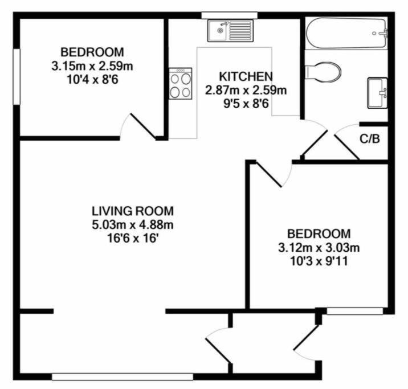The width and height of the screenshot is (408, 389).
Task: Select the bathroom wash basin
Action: click(378, 93)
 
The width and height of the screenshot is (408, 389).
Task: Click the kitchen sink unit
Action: click(230, 31)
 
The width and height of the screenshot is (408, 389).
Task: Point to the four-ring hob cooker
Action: click(180, 84)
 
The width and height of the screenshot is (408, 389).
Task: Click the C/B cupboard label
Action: click(370, 139)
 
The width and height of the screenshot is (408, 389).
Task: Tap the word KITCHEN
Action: click(246, 76)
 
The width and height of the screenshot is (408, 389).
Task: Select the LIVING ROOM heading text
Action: click(133, 211)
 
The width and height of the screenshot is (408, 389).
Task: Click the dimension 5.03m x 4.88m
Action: click(133, 224)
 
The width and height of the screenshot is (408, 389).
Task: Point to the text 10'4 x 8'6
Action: click(93, 80)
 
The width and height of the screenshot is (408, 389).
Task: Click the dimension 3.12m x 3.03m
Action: click(319, 248)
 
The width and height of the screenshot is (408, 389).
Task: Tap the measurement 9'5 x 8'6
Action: click(246, 104)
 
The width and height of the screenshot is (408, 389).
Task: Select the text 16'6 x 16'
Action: click(133, 239)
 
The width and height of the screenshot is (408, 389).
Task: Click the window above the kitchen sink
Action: click(230, 15)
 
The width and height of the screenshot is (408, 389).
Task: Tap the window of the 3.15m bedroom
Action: click(17, 77)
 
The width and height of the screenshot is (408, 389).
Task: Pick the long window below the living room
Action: click(123, 377)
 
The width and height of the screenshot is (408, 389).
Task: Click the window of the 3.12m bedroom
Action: click(355, 311)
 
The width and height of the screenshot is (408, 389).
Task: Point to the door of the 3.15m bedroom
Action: click(142, 126)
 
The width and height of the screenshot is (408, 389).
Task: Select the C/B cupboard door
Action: click(347, 142)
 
